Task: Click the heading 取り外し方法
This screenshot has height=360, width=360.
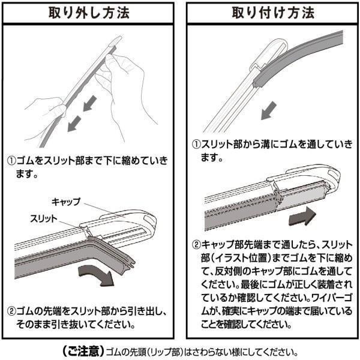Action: tap(90, 13)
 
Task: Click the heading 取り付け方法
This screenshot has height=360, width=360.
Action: tap(269, 13)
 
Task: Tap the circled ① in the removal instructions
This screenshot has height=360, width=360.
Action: tap(11, 162)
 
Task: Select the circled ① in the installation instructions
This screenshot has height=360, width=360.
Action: tap(196, 145)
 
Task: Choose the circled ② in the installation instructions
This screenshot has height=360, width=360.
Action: tap(196, 245)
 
